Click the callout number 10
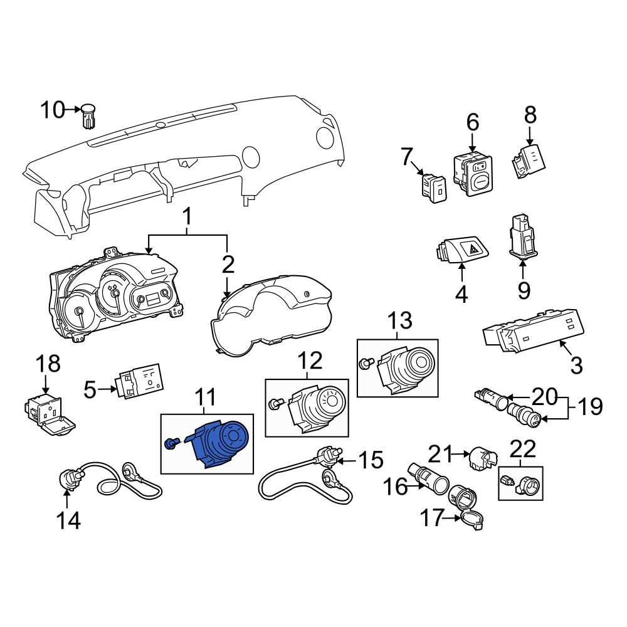[x=53, y=110]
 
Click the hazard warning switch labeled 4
[x=462, y=249]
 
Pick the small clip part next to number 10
[x=88, y=116]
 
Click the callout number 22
[x=524, y=449]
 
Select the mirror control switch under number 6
[x=473, y=175]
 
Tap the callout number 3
[x=576, y=365]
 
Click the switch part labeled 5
[x=139, y=381]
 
